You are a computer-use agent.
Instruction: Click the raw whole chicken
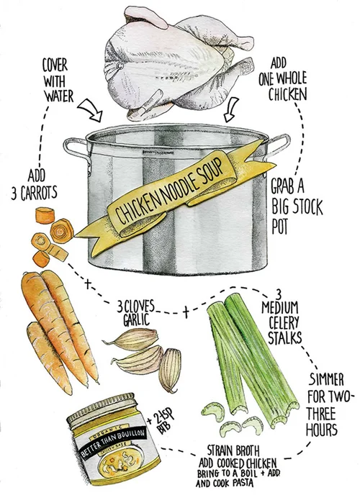[x=177, y=63]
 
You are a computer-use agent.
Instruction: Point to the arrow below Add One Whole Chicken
[x=230, y=109]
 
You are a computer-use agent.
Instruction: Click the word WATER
[x=59, y=96]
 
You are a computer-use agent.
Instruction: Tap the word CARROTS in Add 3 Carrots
[x=39, y=193]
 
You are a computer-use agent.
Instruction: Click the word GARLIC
[x=136, y=319]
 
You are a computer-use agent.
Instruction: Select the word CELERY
[x=284, y=322]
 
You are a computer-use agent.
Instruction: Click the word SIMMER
[x=326, y=379]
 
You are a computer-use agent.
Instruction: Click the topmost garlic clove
[x=132, y=339]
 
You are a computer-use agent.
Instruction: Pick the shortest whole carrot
[x=49, y=357]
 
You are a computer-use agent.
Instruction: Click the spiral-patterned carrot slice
[x=62, y=230]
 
